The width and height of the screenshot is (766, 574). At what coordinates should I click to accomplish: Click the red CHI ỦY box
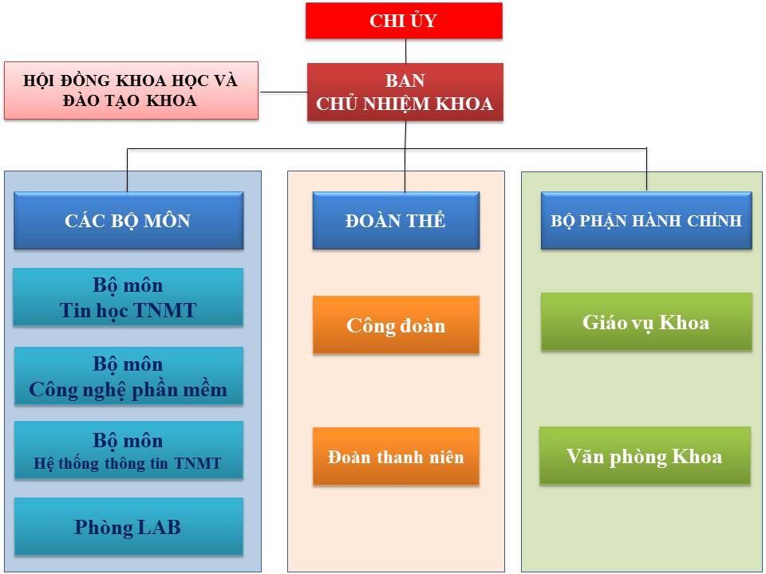[x=404, y=21]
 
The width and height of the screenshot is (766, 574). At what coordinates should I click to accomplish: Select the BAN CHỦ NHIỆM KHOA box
[x=405, y=92]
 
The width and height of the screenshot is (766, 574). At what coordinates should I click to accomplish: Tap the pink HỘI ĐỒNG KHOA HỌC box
[x=131, y=90]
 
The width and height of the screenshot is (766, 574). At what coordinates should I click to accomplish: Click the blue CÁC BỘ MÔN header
[x=128, y=221]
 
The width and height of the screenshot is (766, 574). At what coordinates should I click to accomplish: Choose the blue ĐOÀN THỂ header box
[x=396, y=221]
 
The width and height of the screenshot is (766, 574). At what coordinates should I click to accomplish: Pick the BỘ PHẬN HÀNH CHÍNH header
[x=646, y=221]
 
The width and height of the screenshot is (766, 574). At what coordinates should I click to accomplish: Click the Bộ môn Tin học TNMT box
[x=128, y=297]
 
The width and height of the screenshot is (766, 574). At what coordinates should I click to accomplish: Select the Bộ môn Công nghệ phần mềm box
[x=128, y=375]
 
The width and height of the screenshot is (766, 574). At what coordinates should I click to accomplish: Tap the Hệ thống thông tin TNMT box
[x=128, y=450]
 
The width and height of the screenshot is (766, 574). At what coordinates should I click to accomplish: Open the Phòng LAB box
[x=128, y=526]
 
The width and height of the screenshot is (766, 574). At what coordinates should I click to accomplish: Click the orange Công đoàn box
[x=396, y=324]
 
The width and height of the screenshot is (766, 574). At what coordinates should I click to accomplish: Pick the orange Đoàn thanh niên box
[x=396, y=456]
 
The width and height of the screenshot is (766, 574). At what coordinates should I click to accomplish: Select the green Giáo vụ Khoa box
[x=646, y=321]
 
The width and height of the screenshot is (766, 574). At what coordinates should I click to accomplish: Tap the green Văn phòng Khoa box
[x=645, y=455]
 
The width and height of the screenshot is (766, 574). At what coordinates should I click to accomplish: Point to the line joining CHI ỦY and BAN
[x=405, y=51]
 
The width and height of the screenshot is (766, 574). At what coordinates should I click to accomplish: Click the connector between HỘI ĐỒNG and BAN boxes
[x=284, y=92]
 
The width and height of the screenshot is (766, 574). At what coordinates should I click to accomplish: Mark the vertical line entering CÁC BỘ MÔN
[x=127, y=171]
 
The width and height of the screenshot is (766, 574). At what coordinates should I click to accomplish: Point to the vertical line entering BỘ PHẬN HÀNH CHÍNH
[x=647, y=169]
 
